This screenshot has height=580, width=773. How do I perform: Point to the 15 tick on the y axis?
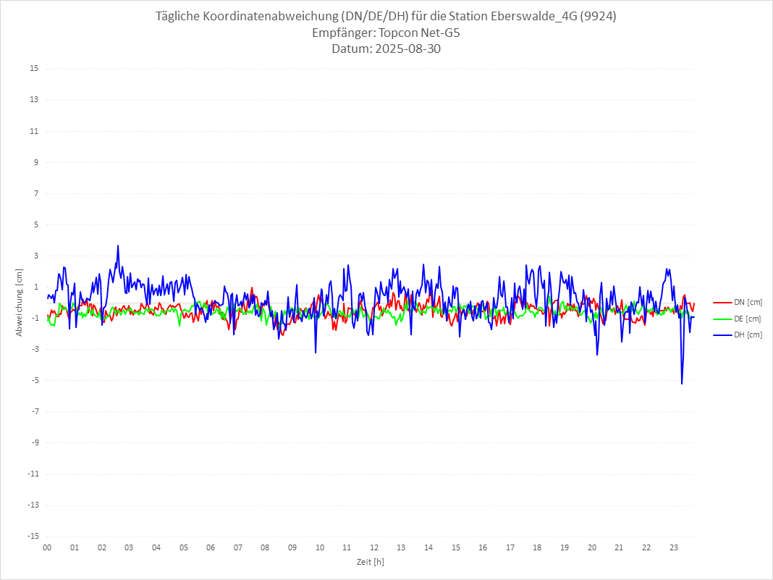[x=34, y=69]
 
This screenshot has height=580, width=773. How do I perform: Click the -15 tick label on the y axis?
[x=33, y=537]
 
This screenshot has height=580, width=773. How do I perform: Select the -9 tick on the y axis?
[x=34, y=443]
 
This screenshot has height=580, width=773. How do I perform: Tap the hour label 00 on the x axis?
[x=47, y=547]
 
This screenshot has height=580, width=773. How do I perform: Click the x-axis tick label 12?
[x=374, y=547]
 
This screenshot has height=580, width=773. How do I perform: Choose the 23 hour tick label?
[x=674, y=547]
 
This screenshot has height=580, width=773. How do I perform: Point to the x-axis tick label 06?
[x=211, y=547]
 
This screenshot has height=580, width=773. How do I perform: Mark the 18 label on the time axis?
[x=538, y=547]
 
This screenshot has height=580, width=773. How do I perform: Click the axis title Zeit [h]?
[x=370, y=562]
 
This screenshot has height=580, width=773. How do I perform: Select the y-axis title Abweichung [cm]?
[x=20, y=302]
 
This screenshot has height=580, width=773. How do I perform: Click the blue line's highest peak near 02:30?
[x=118, y=245]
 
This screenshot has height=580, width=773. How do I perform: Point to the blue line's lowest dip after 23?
[x=682, y=384]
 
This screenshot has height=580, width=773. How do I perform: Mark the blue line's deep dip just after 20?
[x=597, y=355]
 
